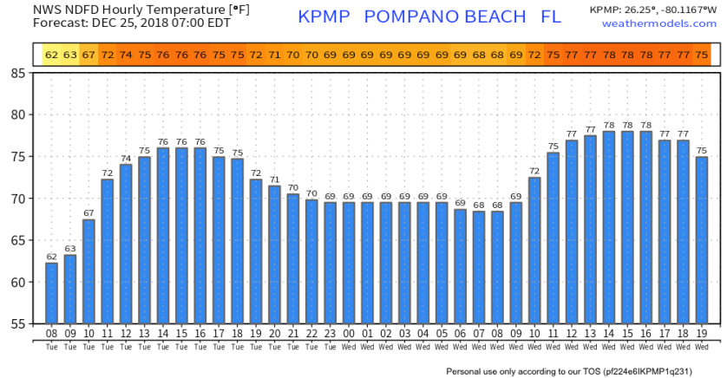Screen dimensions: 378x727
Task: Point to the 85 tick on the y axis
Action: [x=17, y=73]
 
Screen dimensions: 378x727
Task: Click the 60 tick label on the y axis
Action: [x=17, y=283]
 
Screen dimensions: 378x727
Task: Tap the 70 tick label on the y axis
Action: [x=17, y=199]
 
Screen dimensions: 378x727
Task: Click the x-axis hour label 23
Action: [x=330, y=334]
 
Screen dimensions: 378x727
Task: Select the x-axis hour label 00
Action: [x=349, y=334]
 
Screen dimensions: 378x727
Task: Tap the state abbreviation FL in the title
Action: [x=550, y=17]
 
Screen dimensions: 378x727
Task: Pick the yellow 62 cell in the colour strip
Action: [x=51, y=55]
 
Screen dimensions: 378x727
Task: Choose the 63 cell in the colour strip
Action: [x=70, y=55]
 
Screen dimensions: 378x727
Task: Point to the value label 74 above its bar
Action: [x=126, y=158]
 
